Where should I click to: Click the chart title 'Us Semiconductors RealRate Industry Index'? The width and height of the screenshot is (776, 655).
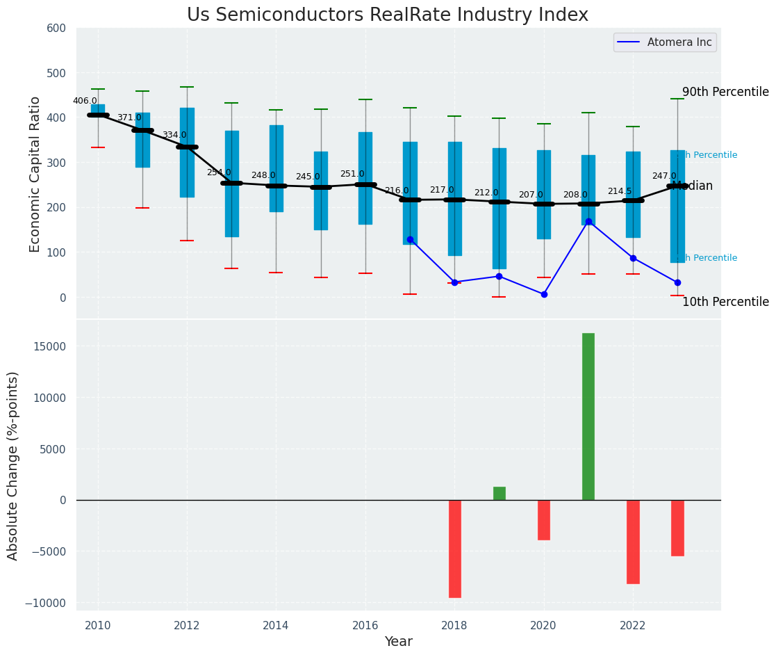pyautogui.click(x=388, y=15)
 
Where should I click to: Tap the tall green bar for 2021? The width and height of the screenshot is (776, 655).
pyautogui.click(x=588, y=416)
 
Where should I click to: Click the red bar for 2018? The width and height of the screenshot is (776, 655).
pyautogui.click(x=455, y=548)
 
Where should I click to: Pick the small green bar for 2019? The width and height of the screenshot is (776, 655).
pyautogui.click(x=500, y=493)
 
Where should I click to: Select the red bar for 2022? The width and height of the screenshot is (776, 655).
pyautogui.click(x=633, y=541)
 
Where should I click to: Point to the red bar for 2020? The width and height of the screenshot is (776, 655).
pyautogui.click(x=544, y=519)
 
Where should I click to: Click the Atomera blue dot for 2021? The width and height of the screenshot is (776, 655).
pyautogui.click(x=588, y=221)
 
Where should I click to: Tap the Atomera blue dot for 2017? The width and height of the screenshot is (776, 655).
pyautogui.click(x=410, y=239)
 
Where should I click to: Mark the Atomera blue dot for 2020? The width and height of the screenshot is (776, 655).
pyautogui.click(x=544, y=294)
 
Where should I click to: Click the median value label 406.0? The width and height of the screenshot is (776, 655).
pyautogui.click(x=85, y=101)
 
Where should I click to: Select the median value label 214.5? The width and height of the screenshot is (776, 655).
pyautogui.click(x=620, y=191)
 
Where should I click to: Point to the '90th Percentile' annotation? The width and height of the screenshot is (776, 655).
pyautogui.click(x=725, y=92)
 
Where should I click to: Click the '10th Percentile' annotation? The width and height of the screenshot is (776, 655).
pyautogui.click(x=725, y=302)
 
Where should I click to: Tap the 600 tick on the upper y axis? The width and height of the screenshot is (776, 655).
pyautogui.click(x=56, y=29)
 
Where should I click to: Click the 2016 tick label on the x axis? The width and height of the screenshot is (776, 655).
pyautogui.click(x=365, y=625)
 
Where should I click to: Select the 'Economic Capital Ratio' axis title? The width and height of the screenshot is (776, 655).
pyautogui.click(x=35, y=174)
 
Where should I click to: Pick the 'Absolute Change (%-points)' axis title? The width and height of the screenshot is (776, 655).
pyautogui.click(x=13, y=465)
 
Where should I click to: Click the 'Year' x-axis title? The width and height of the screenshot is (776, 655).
pyautogui.click(x=399, y=642)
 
